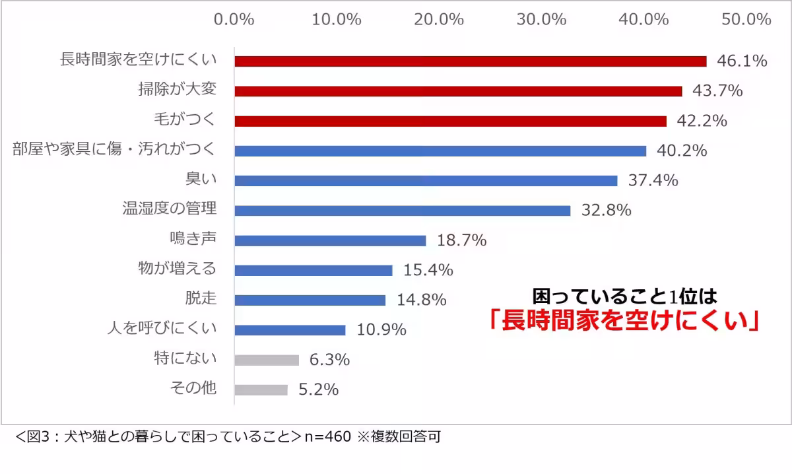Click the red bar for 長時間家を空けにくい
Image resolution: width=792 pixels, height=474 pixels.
coord(470,61)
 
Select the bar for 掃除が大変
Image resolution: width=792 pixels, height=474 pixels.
coord(458,91)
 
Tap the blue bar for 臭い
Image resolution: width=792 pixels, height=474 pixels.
coord(426,181)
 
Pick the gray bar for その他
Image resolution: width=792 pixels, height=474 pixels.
coord(261,389)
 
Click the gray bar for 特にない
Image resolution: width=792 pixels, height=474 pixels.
coord(267,360)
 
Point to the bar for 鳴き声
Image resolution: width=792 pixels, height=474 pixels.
coord(330,240)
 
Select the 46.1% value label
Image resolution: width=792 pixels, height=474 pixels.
coord(742,61)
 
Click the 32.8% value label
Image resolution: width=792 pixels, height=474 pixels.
coord(606,211)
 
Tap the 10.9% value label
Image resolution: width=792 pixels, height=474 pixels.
coord(381,330)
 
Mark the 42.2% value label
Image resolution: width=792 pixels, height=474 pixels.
coord(702,121)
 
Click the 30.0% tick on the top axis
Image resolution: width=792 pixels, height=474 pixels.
coord(541,19)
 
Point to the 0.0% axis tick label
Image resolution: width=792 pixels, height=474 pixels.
coord(234,19)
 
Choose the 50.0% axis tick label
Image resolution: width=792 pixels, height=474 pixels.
coord(746,19)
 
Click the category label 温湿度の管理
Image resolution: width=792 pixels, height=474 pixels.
coord(170,209)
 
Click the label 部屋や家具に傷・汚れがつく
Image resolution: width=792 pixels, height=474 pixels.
coord(114,149)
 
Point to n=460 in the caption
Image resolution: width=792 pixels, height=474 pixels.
coord(328,436)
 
